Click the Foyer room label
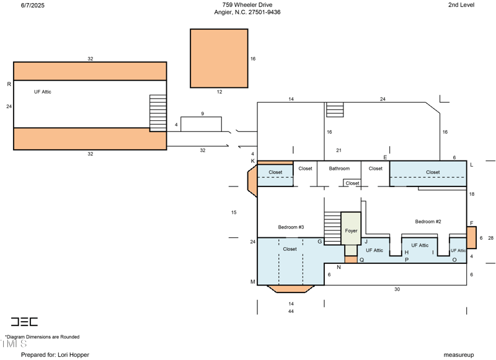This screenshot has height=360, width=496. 351,230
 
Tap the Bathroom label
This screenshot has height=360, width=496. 339,169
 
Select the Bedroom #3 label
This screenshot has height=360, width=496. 291,227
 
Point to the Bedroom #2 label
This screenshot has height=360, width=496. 428,222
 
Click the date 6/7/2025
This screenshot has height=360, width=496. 33,6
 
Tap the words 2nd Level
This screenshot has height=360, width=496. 461,5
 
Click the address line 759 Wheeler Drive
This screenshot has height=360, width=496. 247,5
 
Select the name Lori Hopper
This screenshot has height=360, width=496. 73,354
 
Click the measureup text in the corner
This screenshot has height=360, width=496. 459,354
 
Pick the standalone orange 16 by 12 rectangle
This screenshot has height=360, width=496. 219,58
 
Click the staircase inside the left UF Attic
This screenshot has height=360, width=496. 158,113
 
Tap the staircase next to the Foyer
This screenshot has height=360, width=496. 332,228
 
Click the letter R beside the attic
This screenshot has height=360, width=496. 9,84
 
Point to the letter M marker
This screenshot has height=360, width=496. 253,281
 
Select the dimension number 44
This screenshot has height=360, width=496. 291,311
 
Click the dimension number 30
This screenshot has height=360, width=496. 397,289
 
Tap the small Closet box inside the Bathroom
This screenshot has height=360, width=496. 352,183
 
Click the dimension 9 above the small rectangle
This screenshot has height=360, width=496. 203,114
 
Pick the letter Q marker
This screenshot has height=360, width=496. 362,260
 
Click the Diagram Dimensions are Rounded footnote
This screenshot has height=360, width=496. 42,337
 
